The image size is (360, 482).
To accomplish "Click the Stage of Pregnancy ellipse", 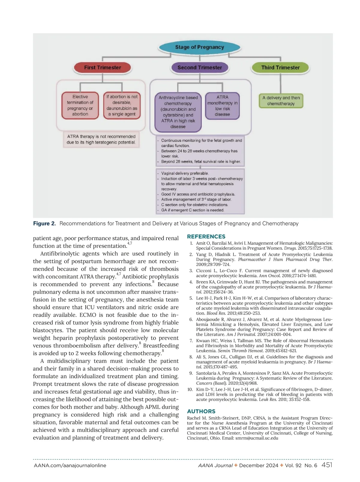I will [x=199, y=47].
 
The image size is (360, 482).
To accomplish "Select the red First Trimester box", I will [x=102, y=68].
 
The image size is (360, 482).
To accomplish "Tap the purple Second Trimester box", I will [x=199, y=68].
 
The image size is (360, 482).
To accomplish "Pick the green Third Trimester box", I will [x=280, y=68].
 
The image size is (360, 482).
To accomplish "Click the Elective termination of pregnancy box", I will [x=80, y=105].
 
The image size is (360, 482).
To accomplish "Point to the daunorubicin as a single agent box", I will [x=122, y=105].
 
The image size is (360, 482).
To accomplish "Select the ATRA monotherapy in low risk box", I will [x=222, y=106].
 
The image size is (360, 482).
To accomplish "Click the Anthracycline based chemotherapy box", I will [x=178, y=112].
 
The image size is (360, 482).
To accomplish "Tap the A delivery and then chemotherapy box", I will [x=281, y=101].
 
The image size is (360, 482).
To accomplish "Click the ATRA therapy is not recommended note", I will [x=101, y=139].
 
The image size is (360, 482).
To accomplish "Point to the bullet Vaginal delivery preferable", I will [x=185, y=173].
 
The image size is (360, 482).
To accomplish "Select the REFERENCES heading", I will [x=206, y=236].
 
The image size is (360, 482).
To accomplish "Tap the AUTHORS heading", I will [x=201, y=411].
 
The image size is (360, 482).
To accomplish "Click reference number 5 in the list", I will [x=191, y=298].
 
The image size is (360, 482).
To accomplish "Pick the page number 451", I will [x=327, y=465].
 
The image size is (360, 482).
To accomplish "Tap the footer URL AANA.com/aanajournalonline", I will [x=70, y=465].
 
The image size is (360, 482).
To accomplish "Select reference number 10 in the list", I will [x=190, y=390].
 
